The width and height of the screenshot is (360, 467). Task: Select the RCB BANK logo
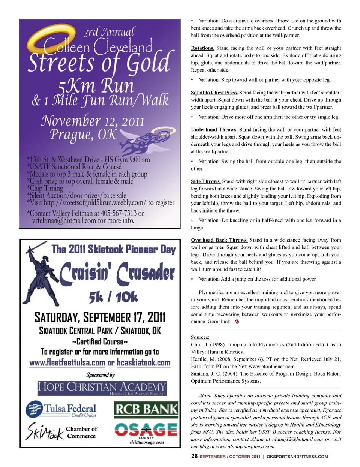coord(146,409)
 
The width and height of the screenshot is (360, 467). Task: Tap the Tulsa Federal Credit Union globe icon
coord(34,409)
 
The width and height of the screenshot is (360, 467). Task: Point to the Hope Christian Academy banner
coord(102,388)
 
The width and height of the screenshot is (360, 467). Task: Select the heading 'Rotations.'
coord(202,48)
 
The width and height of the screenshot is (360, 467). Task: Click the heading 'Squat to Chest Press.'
coord(214,93)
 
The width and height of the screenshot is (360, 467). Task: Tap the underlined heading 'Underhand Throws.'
coord(214,130)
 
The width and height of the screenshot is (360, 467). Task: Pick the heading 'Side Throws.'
coord(206,181)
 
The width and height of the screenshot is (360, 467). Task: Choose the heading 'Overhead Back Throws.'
coord(219,240)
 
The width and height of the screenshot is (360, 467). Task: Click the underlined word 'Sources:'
coord(200,337)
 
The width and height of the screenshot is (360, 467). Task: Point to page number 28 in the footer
coord(194,456)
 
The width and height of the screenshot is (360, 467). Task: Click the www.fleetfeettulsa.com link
coord(67,363)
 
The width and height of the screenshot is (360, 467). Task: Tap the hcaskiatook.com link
coord(144,363)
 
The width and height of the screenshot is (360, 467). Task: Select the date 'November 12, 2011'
coord(93,121)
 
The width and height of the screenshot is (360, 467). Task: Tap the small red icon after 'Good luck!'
coord(237,322)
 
